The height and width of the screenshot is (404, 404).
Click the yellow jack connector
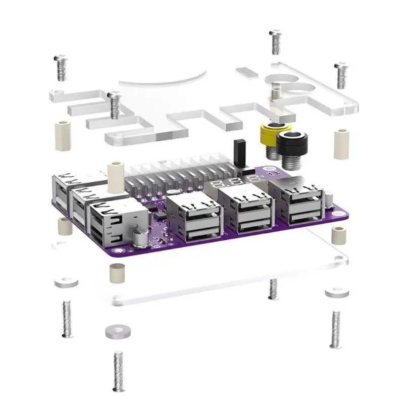(272, 133)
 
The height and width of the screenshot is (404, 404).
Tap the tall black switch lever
(239, 151)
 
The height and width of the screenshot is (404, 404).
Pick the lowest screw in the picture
(119, 372)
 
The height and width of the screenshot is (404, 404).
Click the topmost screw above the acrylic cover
(275, 42)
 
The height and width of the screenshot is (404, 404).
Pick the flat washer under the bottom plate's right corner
(335, 292)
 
